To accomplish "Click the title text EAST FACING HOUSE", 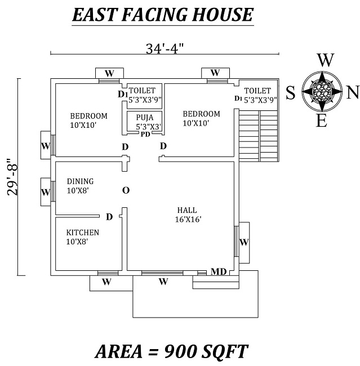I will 163,15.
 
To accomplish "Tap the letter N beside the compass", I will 352,91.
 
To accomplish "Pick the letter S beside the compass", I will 291,92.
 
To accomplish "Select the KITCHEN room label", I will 83,233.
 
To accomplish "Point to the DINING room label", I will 80,181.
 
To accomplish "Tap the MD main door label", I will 219,272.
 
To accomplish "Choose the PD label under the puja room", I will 145,134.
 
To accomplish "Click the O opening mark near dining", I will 126,190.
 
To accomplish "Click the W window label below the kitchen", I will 105,282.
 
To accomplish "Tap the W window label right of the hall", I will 244,242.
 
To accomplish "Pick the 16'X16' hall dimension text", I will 188,219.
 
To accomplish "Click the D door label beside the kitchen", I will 109,217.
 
